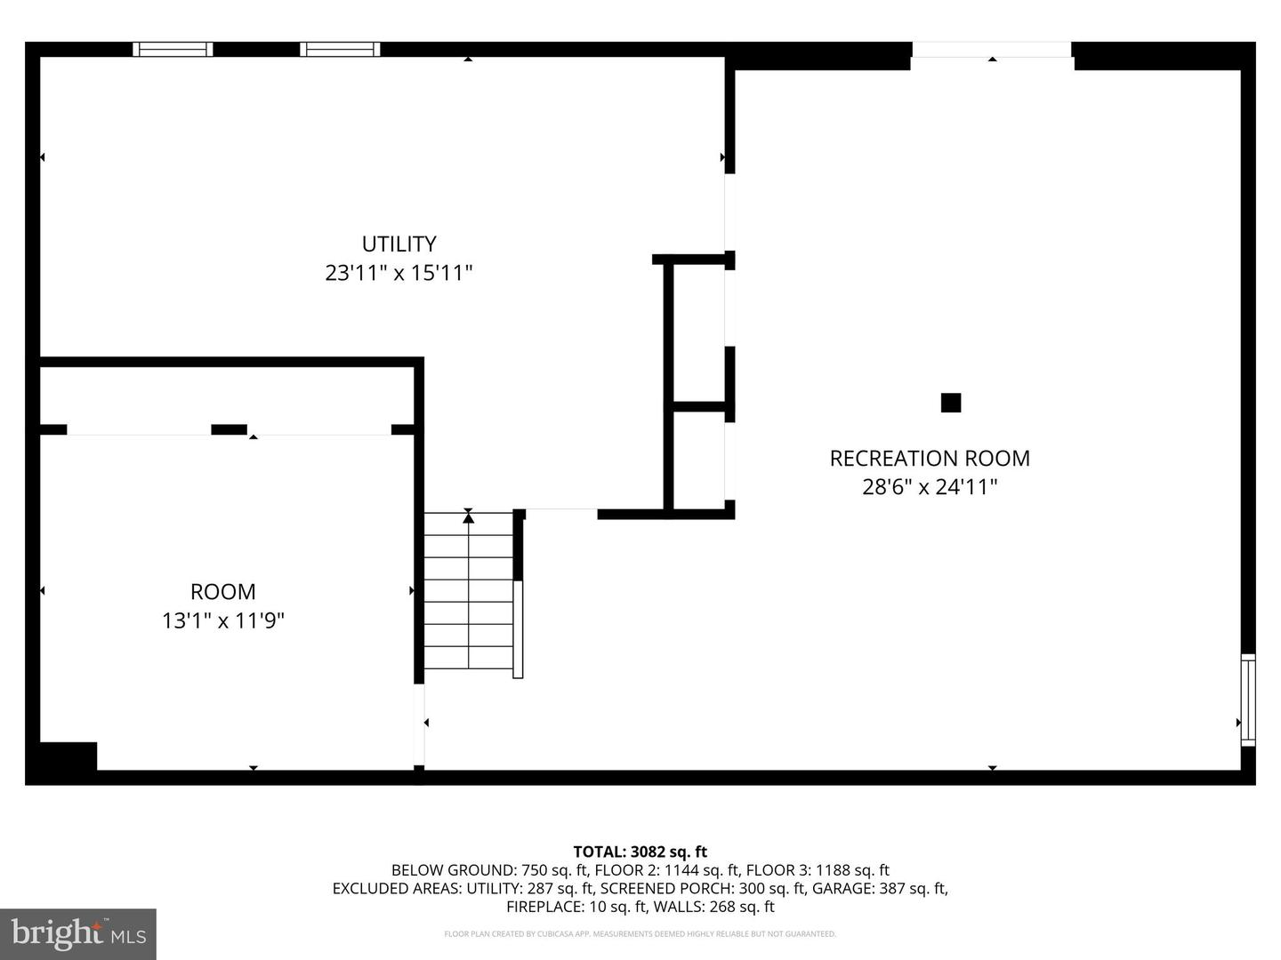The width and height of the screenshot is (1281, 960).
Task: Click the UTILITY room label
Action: pos(399,244)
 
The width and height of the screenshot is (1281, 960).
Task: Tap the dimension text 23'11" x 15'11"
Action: pos(399,273)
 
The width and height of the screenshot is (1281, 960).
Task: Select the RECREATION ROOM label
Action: pos(930,458)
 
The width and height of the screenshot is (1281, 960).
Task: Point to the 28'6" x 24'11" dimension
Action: pos(930,487)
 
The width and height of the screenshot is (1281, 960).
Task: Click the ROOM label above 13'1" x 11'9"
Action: pos(223,592)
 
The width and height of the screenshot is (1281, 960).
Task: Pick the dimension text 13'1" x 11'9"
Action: pos(223,620)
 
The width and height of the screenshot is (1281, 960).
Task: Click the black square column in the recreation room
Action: pos(951,403)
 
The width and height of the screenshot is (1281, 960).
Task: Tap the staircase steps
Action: pos(469,590)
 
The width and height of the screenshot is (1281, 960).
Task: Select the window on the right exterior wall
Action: pos(1248,700)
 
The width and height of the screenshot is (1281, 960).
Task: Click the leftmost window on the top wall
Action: pos(173,50)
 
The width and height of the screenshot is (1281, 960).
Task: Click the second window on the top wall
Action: pos(340,50)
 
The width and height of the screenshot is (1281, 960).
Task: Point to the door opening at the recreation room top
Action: pos(992,50)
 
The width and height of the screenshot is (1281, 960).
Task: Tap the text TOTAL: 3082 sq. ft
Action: pos(640,852)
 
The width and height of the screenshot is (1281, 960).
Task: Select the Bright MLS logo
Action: pos(78,934)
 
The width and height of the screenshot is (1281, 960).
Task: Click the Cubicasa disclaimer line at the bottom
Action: pos(640,933)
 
